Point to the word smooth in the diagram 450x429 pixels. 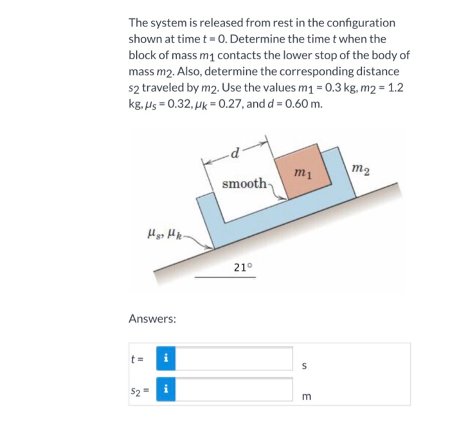[x=244, y=184]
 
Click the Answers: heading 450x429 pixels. [x=153, y=318]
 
